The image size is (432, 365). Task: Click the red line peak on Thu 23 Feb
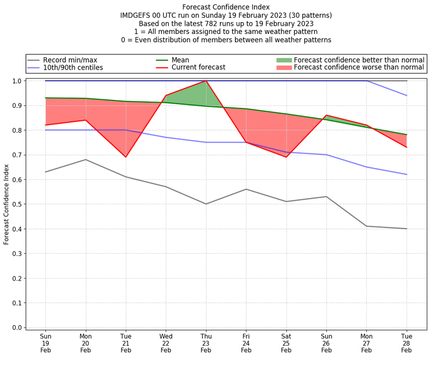pyautogui.click(x=206, y=81)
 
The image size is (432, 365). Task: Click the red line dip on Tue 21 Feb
pyautogui.click(x=126, y=157)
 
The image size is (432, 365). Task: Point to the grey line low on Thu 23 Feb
pyautogui.click(x=206, y=204)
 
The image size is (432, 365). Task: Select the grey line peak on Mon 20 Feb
pyautogui.click(x=85, y=159)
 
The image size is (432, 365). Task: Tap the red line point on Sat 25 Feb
pyautogui.click(x=286, y=157)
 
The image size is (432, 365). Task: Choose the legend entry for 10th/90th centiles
pyautogui.click(x=73, y=67)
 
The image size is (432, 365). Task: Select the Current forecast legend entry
pyautogui.click(x=198, y=67)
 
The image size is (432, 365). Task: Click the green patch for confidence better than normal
pyautogui.click(x=284, y=60)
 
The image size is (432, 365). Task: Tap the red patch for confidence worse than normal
pyautogui.click(x=284, y=67)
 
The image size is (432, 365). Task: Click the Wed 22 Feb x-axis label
pyautogui.click(x=166, y=343)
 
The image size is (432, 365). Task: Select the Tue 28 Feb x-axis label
pyautogui.click(x=407, y=343)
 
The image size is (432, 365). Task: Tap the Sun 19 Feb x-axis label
pyautogui.click(x=45, y=343)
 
